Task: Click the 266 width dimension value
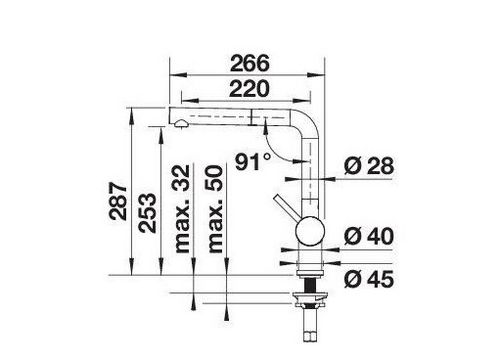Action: (250, 64)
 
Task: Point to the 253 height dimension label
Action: (148, 212)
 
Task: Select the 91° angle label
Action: (252, 162)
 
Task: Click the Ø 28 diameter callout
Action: (368, 166)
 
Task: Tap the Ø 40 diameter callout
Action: (368, 237)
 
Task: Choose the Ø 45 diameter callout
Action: (368, 280)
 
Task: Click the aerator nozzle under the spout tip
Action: (181, 123)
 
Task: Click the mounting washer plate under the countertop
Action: (310, 297)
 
